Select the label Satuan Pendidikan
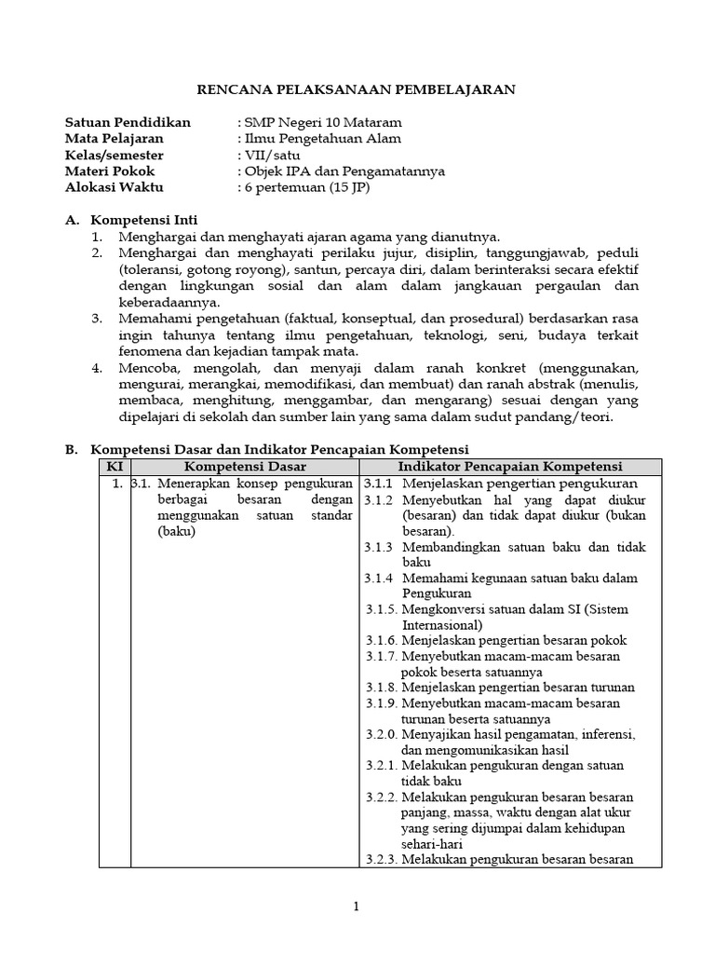(x=128, y=122)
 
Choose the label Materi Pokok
(x=110, y=171)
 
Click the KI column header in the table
(x=115, y=467)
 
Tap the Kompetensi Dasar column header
(x=245, y=467)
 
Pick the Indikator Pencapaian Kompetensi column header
(x=510, y=467)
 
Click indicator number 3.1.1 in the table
(x=379, y=484)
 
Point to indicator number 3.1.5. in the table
(x=382, y=609)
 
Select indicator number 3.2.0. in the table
(x=382, y=735)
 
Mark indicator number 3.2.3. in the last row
(x=382, y=860)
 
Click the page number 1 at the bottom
(x=356, y=906)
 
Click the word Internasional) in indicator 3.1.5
(x=442, y=625)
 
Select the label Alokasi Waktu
(x=114, y=187)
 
